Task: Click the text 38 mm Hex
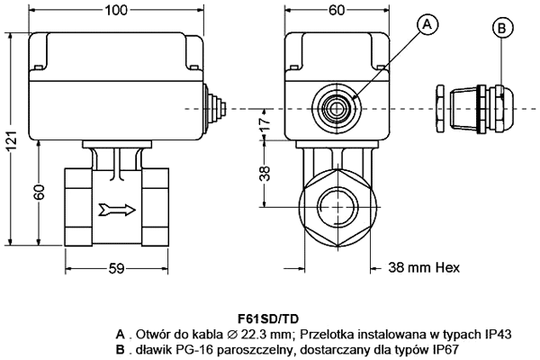[x=422, y=266]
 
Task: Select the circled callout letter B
[x=501, y=27]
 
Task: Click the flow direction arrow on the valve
[x=117, y=211]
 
